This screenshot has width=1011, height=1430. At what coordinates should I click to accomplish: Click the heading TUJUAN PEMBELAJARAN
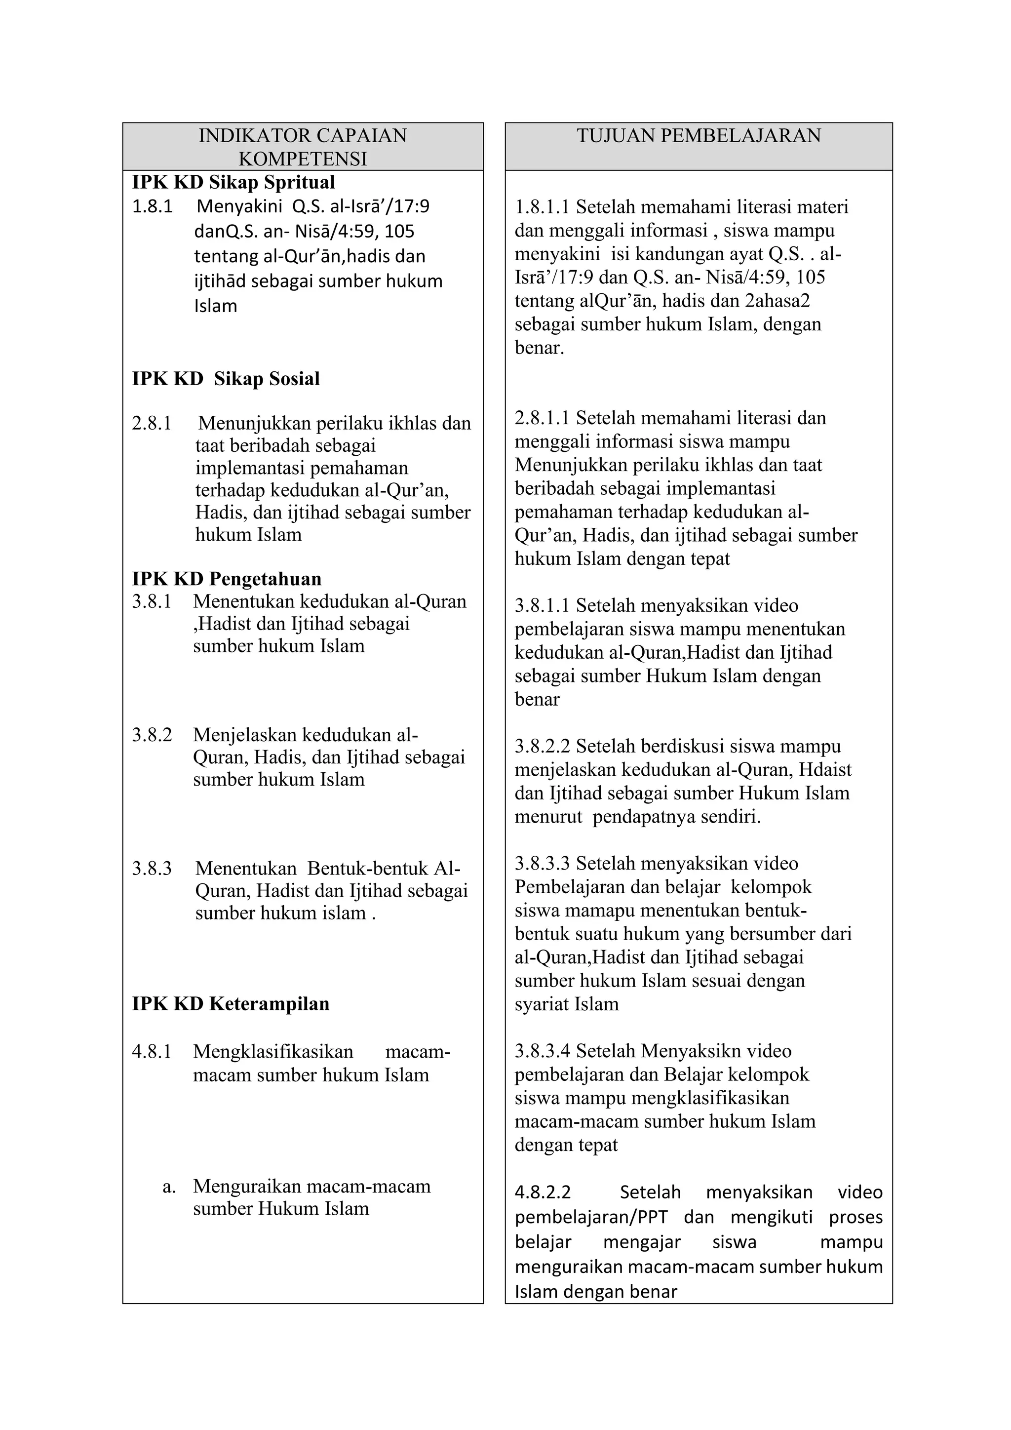tap(699, 136)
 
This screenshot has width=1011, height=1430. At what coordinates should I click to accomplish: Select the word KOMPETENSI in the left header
tap(303, 159)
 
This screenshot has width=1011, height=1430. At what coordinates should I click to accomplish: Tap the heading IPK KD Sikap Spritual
tap(233, 183)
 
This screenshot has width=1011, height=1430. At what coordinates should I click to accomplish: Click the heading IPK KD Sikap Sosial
tap(226, 379)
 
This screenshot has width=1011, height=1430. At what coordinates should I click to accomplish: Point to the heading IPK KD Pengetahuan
tap(227, 579)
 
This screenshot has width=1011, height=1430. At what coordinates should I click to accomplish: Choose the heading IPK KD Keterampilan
tap(231, 1003)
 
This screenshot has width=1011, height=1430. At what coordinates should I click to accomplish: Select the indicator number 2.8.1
tap(151, 424)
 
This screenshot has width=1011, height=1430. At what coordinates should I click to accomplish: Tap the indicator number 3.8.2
tap(151, 735)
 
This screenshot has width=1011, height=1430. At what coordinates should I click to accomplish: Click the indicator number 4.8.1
tap(151, 1051)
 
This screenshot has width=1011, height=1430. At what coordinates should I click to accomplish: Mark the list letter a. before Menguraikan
tap(169, 1187)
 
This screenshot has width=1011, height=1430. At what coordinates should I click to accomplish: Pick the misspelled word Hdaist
tap(825, 770)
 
